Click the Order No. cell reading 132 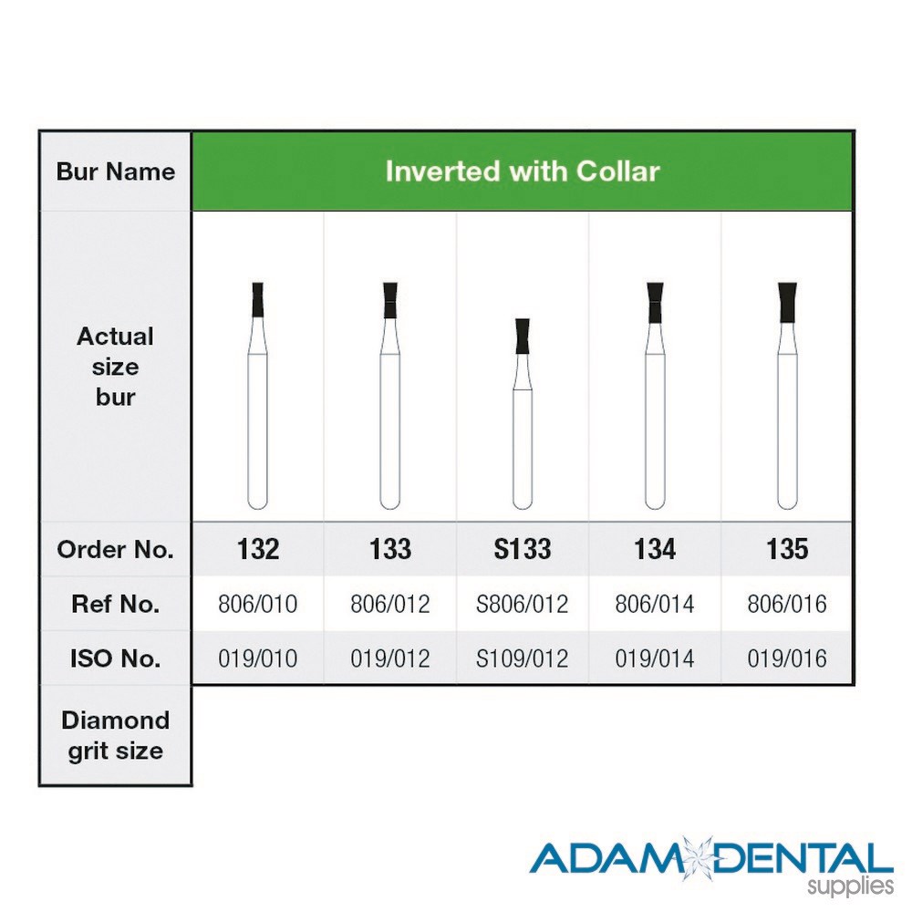[258, 549]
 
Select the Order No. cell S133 [523, 549]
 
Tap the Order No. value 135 [787, 549]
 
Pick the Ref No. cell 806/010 [258, 605]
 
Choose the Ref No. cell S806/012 [523, 605]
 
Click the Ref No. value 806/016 [787, 605]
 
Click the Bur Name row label [116, 171]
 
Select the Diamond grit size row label [116, 736]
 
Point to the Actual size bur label [116, 367]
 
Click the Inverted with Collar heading [523, 171]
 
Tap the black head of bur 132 [258, 299]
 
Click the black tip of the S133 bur [523, 337]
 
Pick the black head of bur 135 [788, 302]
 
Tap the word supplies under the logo [850, 887]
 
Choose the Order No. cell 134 [655, 549]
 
